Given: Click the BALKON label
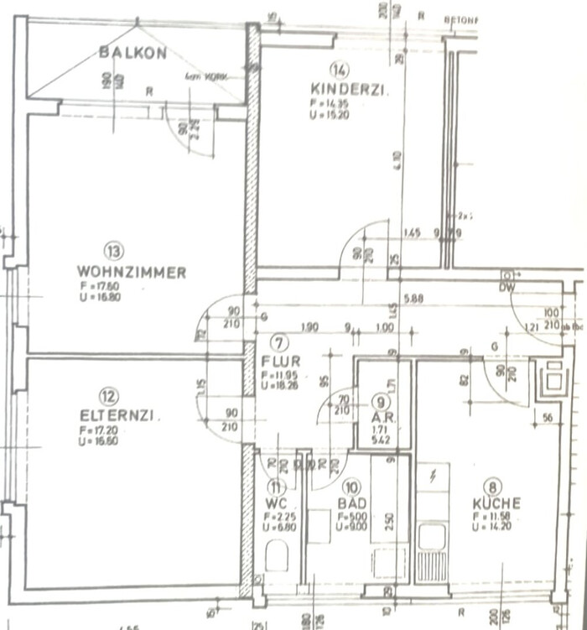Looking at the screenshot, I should [132, 53].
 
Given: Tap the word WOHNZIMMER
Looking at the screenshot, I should [132, 272].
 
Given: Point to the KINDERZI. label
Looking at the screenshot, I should [348, 89].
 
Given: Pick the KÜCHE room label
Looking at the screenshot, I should [496, 503].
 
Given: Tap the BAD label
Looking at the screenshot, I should [351, 503].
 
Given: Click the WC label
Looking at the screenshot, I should [278, 503].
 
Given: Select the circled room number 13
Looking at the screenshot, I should [114, 250].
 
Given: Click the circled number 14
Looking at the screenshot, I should [339, 70].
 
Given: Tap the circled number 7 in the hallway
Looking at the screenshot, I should [280, 341].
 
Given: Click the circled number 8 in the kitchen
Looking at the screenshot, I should [496, 484].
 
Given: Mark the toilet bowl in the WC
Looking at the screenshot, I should [277, 555].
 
